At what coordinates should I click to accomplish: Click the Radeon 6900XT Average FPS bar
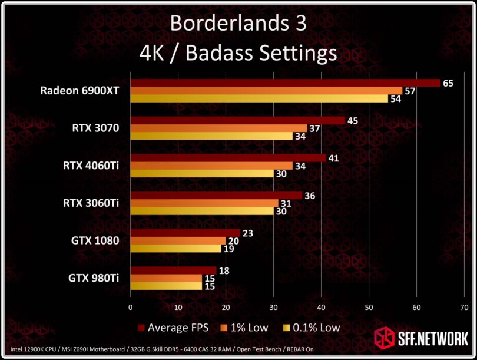(285, 83)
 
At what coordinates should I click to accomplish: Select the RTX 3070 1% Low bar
(218, 128)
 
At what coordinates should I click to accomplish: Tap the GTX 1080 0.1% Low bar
(175, 249)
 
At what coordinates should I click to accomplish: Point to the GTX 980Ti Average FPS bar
(173, 270)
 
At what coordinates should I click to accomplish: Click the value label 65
(448, 83)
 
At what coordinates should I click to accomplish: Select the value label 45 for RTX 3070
(353, 121)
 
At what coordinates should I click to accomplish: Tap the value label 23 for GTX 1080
(247, 233)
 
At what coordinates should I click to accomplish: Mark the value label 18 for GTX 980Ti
(224, 270)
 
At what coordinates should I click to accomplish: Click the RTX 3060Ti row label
(91, 203)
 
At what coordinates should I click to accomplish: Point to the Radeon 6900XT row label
(79, 91)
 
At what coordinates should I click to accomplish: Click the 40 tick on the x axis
(321, 307)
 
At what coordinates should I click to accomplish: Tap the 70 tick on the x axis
(464, 307)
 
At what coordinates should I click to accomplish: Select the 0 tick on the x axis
(130, 307)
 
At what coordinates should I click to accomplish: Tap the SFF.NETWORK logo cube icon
(385, 339)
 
